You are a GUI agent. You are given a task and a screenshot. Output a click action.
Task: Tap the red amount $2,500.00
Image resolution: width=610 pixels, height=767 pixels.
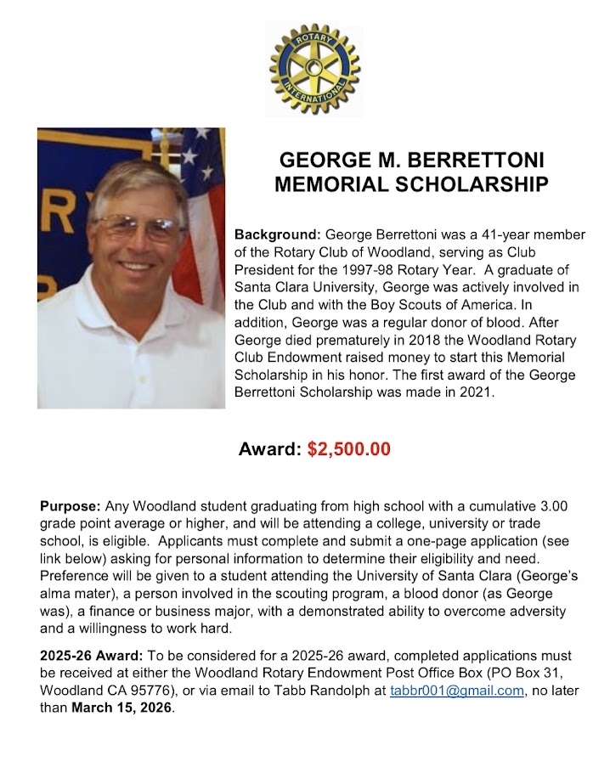point(348,449)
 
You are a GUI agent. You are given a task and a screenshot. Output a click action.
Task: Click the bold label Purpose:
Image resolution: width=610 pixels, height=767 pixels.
point(71,506)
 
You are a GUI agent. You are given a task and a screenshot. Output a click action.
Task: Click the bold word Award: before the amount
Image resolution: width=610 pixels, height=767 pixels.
point(269,449)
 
